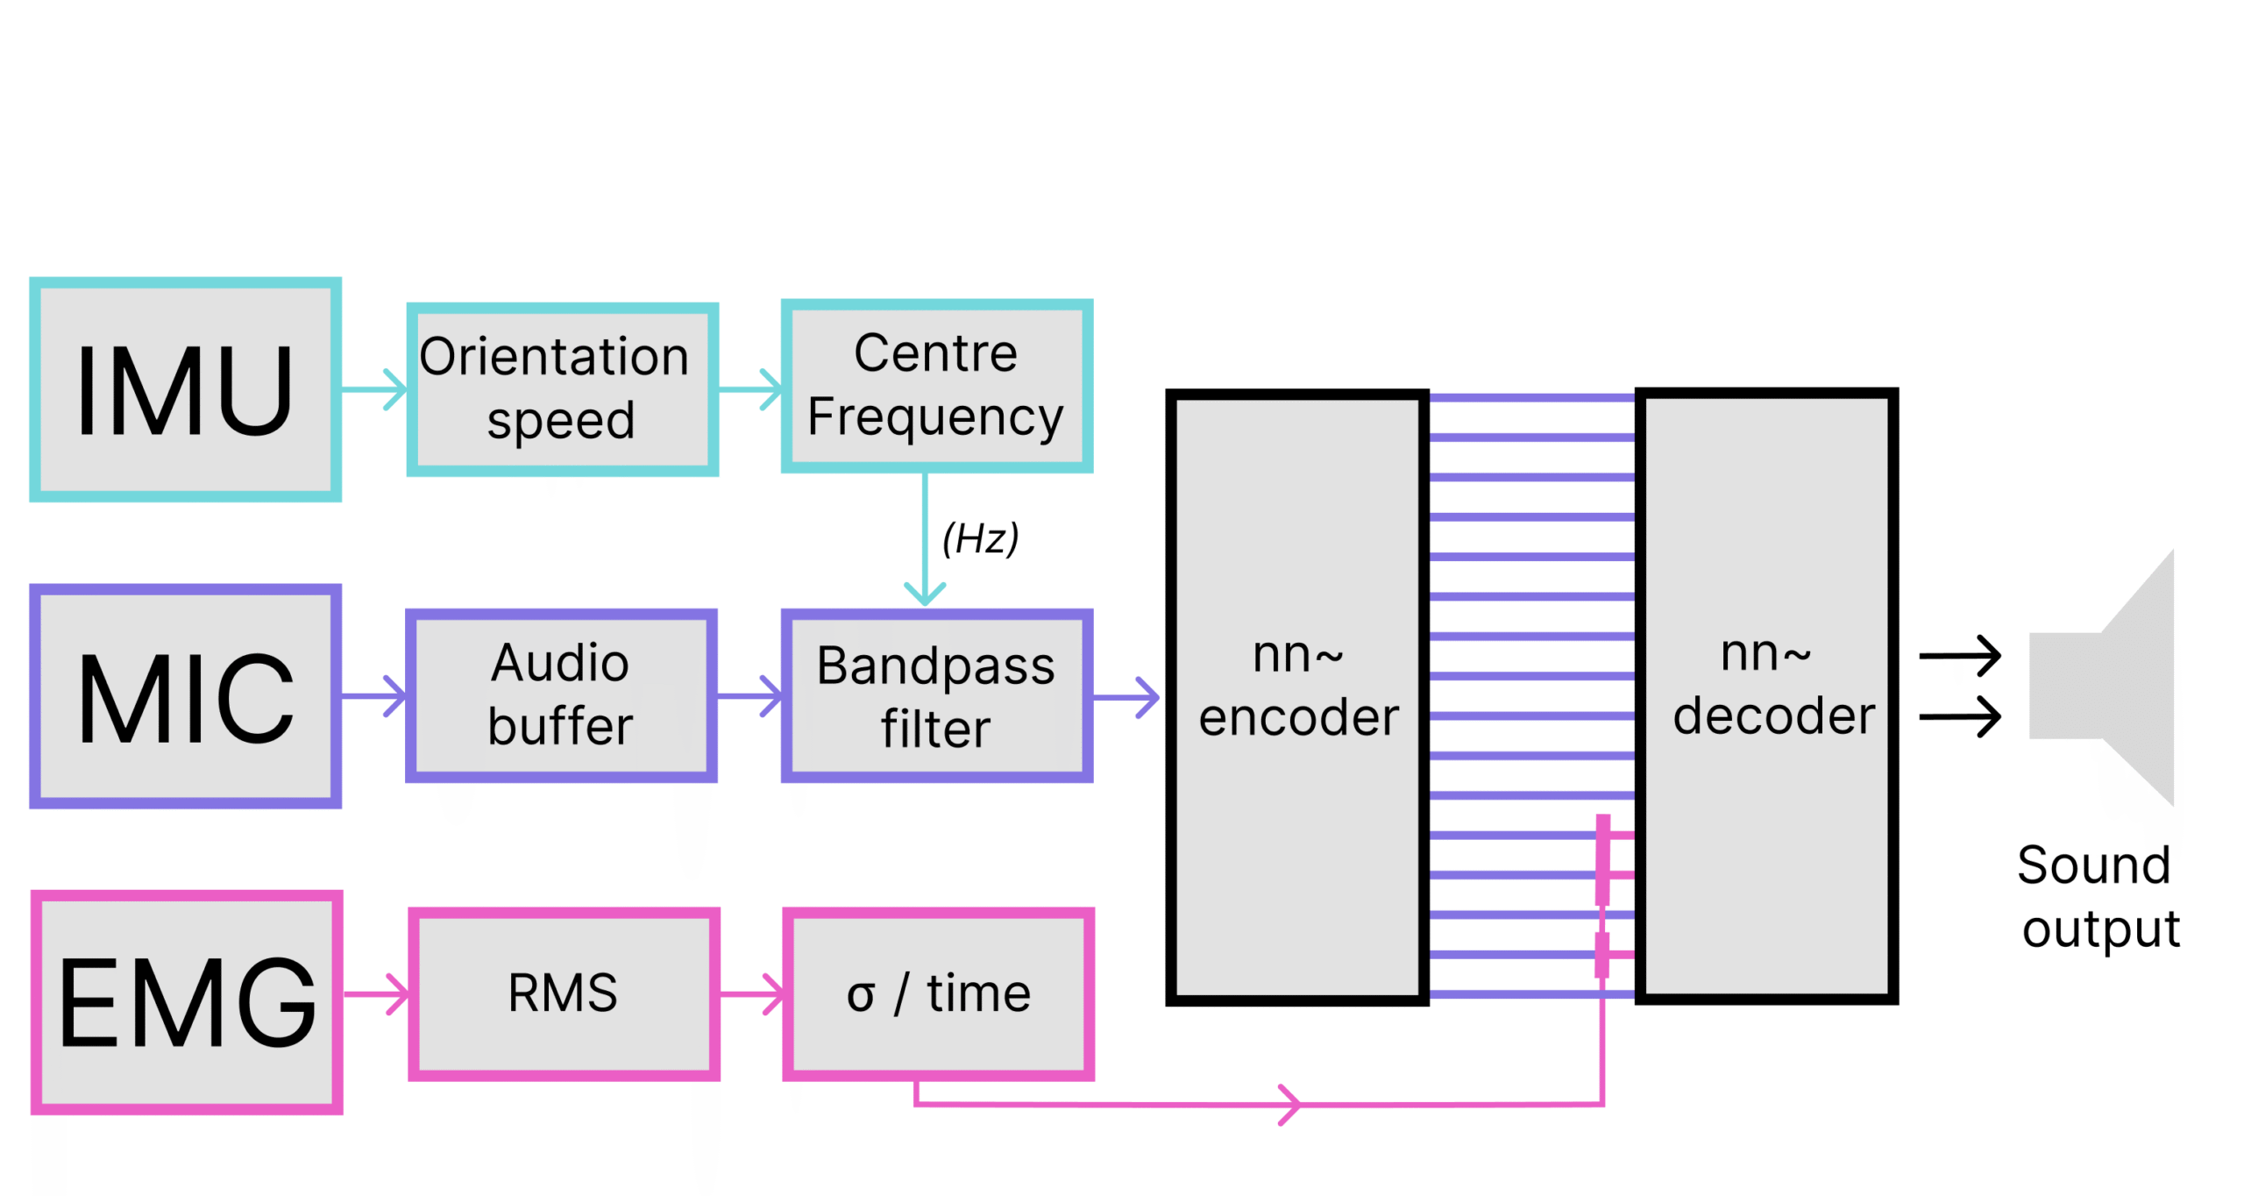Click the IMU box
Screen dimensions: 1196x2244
pos(185,389)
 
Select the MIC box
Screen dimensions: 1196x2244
pos(185,695)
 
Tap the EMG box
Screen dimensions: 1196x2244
pos(186,1001)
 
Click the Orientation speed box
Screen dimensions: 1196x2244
pos(562,389)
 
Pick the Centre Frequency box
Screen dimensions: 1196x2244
pos(936,386)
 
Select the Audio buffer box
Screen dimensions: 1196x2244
pos(561,695)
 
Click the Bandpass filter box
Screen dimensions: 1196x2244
pos(936,695)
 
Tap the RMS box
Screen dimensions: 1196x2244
pos(563,993)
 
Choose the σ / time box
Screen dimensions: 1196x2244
pos(938,993)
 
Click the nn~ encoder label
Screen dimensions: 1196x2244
pos(1297,686)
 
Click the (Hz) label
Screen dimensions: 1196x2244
pos(980,537)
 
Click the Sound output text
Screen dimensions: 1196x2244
pos(2098,896)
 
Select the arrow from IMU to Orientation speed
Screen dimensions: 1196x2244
pos(375,389)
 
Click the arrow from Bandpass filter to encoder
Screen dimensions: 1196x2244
pos(1127,698)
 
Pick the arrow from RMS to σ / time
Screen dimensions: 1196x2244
pos(752,993)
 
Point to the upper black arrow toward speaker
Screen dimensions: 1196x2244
pos(1960,656)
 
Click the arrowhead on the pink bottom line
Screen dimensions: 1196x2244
pos(1289,1105)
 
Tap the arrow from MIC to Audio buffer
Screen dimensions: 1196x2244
pos(375,695)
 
